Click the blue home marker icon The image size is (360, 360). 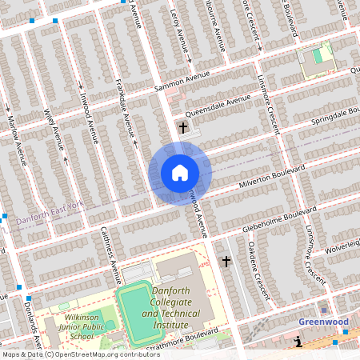point(179,173)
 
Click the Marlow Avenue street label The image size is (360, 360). point(15,140)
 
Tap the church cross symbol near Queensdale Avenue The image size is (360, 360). point(183,126)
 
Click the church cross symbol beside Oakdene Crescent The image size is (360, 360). point(226,261)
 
